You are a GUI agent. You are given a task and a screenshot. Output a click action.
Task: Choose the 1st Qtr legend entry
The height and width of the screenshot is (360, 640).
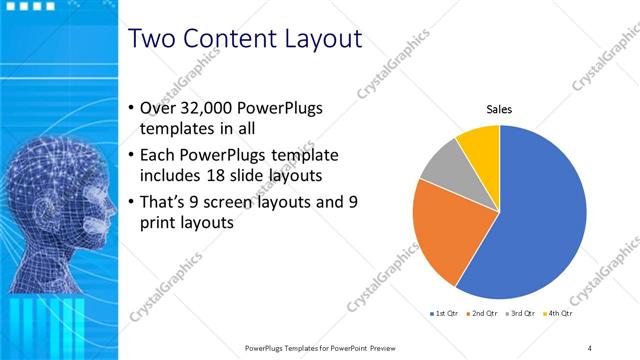445,313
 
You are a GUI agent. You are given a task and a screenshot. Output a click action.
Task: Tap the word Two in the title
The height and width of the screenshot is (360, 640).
155,39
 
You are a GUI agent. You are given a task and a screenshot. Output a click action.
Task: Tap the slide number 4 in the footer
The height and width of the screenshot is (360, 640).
590,347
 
